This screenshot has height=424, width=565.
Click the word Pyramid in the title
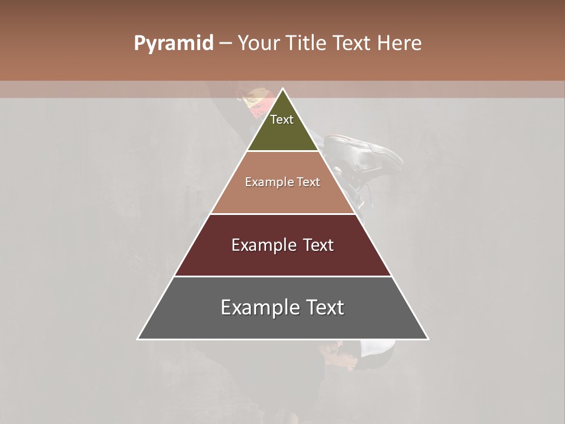[x=173, y=44]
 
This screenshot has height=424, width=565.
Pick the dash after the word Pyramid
[x=225, y=44]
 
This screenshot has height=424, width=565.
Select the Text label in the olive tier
[x=282, y=120]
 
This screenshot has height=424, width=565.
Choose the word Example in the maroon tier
[x=259, y=245]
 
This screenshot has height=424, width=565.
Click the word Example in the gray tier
[x=254, y=307]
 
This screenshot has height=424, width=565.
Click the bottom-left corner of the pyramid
[x=138, y=339]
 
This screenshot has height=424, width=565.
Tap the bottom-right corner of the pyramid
[x=428, y=339]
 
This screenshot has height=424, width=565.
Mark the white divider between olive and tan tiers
[x=283, y=151]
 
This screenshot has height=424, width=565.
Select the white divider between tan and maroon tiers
[x=283, y=214]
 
